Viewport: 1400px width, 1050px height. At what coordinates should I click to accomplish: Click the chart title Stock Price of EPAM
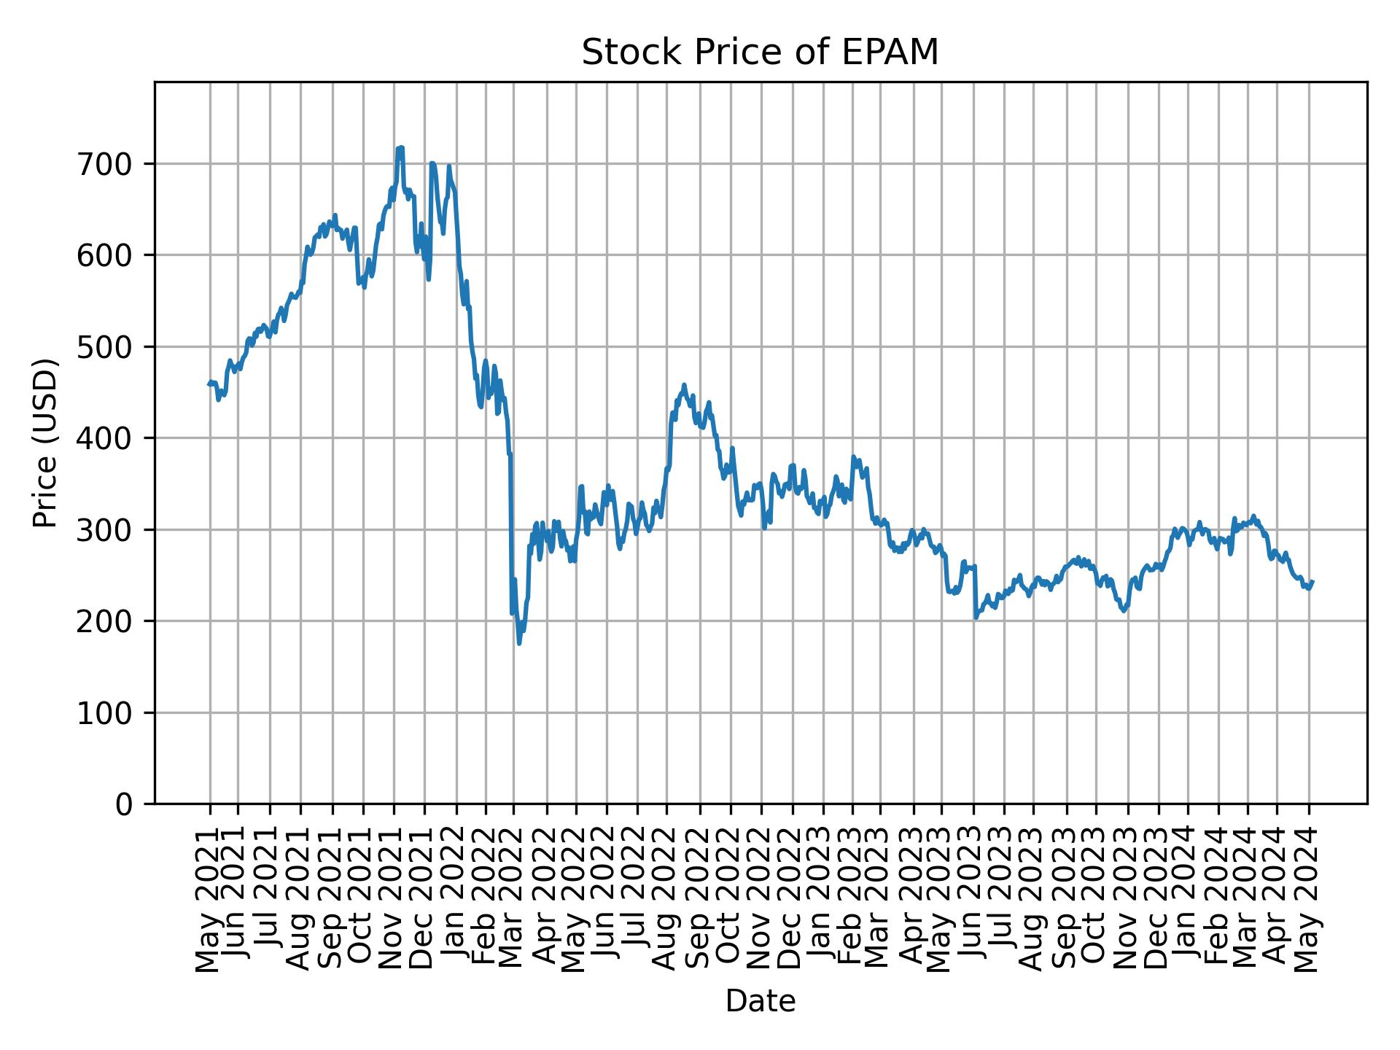[x=760, y=53]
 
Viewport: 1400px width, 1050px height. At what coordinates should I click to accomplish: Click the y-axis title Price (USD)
[x=45, y=443]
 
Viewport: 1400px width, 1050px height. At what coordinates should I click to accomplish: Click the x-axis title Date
[x=760, y=1001]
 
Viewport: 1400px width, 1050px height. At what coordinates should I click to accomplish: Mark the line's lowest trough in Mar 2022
[x=519, y=643]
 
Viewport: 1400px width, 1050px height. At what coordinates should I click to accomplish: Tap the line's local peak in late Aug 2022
[x=683, y=384]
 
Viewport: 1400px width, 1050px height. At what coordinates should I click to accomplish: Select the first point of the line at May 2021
[x=209, y=384]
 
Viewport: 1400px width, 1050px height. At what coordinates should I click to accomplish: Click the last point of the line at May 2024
[x=1312, y=581]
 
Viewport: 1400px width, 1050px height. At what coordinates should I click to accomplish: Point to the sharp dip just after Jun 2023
[x=976, y=618]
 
